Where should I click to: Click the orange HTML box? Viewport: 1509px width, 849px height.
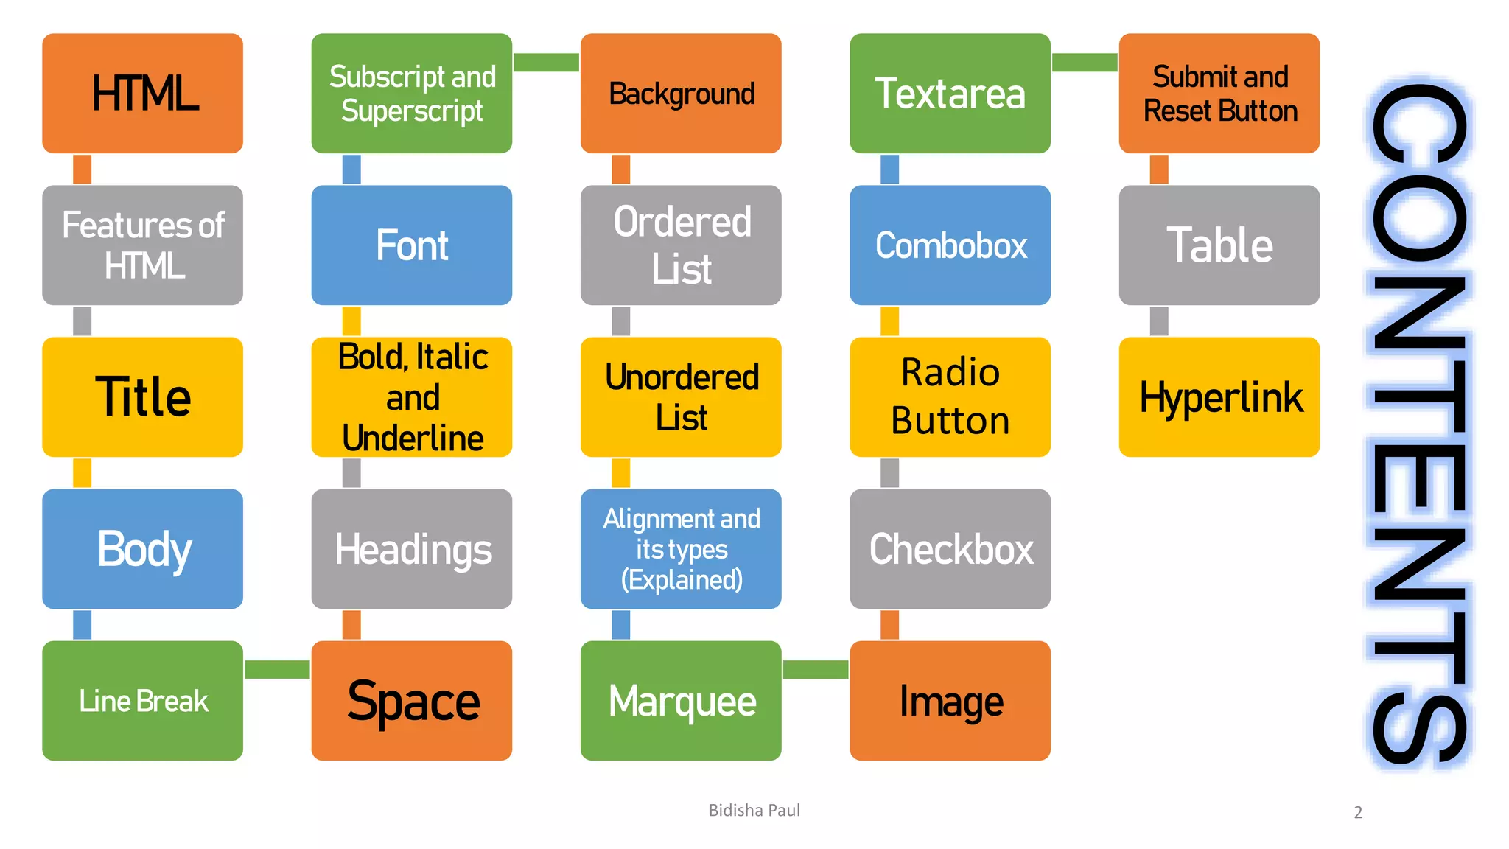pyautogui.click(x=142, y=94)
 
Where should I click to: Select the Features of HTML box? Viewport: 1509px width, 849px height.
pyautogui.click(x=142, y=245)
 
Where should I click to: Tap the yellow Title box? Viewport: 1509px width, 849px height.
pyautogui.click(x=142, y=397)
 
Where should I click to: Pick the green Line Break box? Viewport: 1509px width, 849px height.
pyautogui.click(x=142, y=701)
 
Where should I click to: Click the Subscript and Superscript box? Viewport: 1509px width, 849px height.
pyautogui.click(x=411, y=94)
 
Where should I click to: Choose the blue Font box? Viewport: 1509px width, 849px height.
pyautogui.click(x=411, y=245)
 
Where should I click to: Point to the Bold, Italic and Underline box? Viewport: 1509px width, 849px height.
pyautogui.click(x=411, y=397)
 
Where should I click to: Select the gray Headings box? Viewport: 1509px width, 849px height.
pyautogui.click(x=411, y=549)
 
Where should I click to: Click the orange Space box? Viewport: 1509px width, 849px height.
pyautogui.click(x=411, y=701)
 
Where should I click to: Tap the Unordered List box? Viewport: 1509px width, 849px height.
pyautogui.click(x=681, y=397)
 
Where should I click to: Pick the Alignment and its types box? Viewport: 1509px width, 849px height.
pyautogui.click(x=681, y=549)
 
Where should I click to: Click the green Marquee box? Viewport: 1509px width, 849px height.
pyautogui.click(x=681, y=701)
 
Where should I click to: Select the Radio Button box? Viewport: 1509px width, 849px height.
pyautogui.click(x=950, y=397)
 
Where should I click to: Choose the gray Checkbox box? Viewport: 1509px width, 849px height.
pyautogui.click(x=950, y=549)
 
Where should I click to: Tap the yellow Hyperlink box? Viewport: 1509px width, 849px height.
pyautogui.click(x=1219, y=397)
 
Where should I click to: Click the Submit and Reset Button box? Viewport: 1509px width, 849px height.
pyautogui.click(x=1219, y=94)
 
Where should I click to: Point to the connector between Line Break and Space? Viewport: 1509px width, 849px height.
pyautogui.click(x=277, y=669)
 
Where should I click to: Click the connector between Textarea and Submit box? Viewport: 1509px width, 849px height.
pyautogui.click(x=1085, y=63)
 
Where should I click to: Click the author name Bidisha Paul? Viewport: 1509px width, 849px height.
pyautogui.click(x=754, y=811)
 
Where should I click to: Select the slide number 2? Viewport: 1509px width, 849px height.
pyautogui.click(x=1358, y=813)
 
